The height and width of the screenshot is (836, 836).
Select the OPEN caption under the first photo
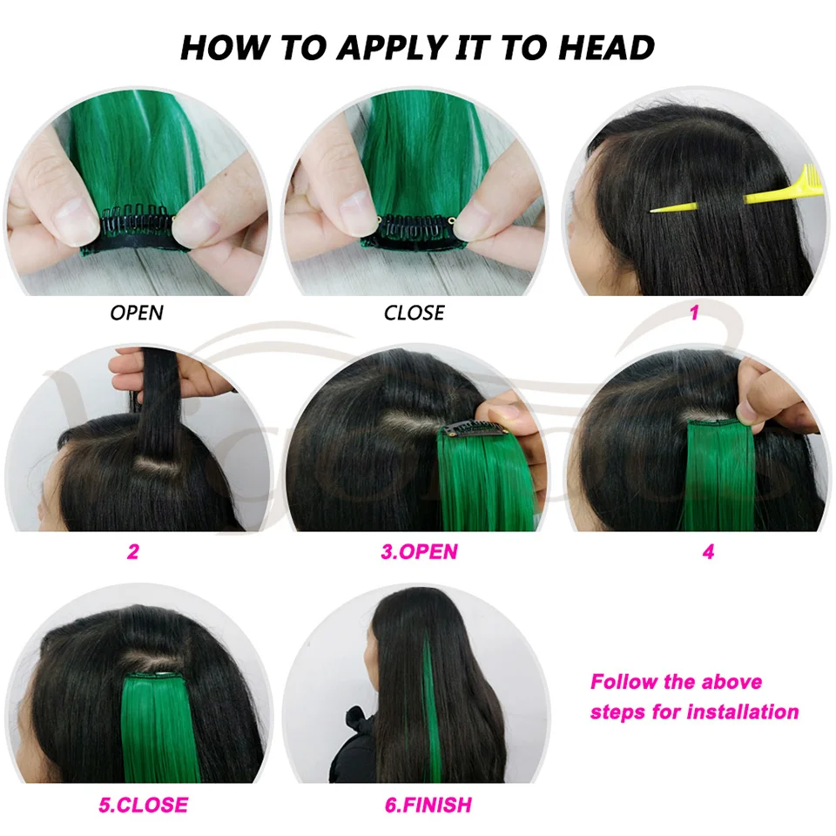click(137, 312)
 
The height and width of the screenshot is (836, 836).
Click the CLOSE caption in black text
click(415, 312)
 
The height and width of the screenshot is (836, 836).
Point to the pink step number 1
click(694, 312)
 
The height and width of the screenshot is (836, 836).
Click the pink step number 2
click(133, 550)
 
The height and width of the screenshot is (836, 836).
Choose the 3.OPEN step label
click(419, 551)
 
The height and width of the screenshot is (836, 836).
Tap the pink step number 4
click(708, 551)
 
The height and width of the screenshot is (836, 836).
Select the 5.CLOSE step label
click(143, 805)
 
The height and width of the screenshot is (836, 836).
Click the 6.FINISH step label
click(428, 805)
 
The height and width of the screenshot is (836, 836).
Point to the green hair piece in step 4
click(720, 475)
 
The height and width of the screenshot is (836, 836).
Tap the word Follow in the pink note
click(621, 681)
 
